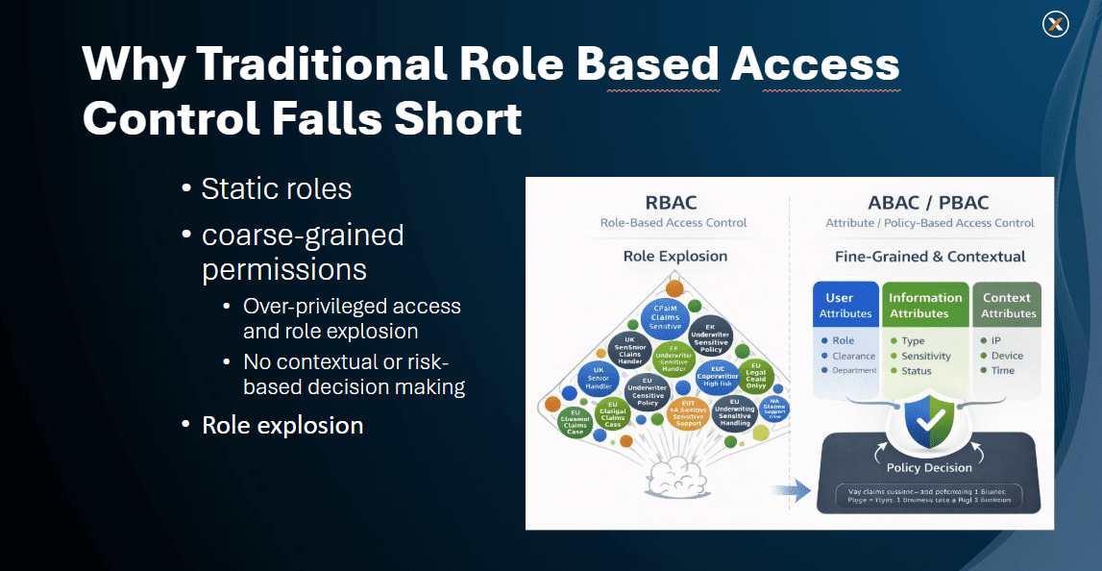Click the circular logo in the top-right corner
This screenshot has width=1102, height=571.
click(x=1055, y=25)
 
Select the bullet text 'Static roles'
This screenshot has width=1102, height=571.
click(x=277, y=188)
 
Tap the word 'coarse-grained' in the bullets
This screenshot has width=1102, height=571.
click(x=303, y=235)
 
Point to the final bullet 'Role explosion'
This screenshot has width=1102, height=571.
click(x=282, y=425)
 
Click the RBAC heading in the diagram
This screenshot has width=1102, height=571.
click(x=672, y=203)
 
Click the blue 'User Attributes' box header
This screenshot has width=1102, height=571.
click(x=845, y=306)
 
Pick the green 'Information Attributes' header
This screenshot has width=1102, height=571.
click(x=925, y=306)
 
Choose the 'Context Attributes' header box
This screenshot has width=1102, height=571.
click(x=1006, y=306)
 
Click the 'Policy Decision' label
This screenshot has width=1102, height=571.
click(x=929, y=467)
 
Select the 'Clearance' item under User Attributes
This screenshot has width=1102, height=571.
click(x=853, y=356)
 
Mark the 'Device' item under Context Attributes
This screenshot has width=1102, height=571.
click(x=1007, y=356)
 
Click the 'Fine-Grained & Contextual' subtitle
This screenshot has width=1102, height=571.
click(x=929, y=257)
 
